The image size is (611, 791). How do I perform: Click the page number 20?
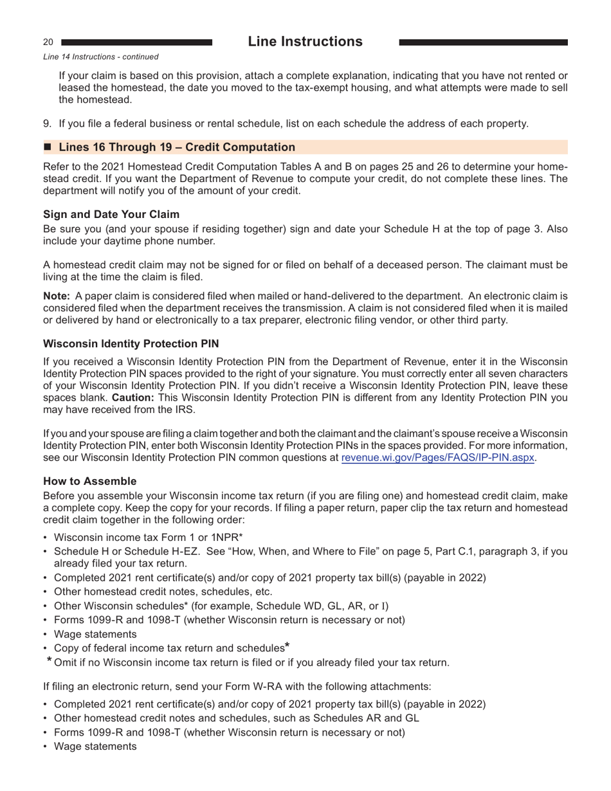[48, 42]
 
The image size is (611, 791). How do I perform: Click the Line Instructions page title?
[305, 42]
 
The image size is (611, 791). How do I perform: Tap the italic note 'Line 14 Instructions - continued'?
[100, 57]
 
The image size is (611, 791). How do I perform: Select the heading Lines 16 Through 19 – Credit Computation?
[177, 147]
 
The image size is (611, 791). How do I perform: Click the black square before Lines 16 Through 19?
[48, 147]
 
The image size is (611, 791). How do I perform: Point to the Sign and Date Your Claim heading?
[111, 214]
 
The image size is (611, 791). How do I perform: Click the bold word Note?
[57, 296]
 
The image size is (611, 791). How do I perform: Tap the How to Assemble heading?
[90, 481]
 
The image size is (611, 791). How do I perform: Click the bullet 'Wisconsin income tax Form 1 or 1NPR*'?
[148, 537]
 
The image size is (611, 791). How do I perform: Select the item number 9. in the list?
[48, 123]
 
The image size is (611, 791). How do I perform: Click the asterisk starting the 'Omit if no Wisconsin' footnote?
[50, 660]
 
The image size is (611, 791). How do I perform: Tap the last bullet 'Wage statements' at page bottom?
[95, 747]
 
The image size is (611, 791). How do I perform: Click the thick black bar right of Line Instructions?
[483, 42]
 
